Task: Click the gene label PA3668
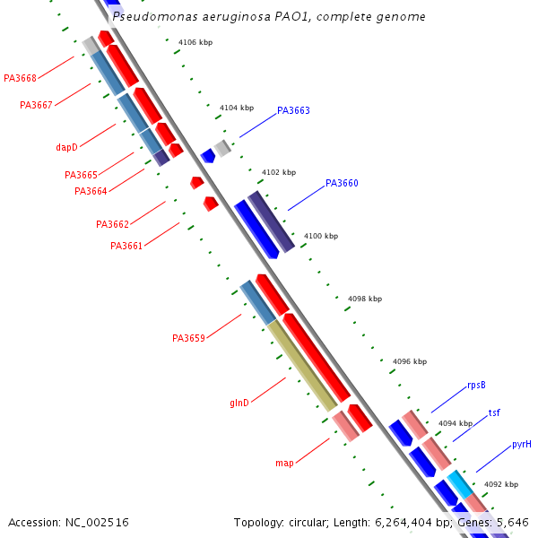(x=20, y=78)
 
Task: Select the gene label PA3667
(x=36, y=105)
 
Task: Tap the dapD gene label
(x=66, y=146)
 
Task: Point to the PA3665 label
(x=81, y=175)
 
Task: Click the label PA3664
(x=91, y=191)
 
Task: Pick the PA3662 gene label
(x=112, y=224)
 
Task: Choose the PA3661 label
(x=126, y=246)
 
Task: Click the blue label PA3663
(x=293, y=111)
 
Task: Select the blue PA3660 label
(x=342, y=183)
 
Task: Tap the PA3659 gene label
(x=188, y=338)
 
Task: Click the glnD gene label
(x=239, y=403)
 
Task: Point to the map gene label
(x=284, y=463)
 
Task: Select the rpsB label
(x=476, y=386)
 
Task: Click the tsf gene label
(x=494, y=413)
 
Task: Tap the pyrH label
(x=521, y=444)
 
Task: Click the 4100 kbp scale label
(x=321, y=236)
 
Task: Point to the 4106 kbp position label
(x=195, y=42)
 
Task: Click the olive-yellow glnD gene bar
(x=302, y=366)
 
